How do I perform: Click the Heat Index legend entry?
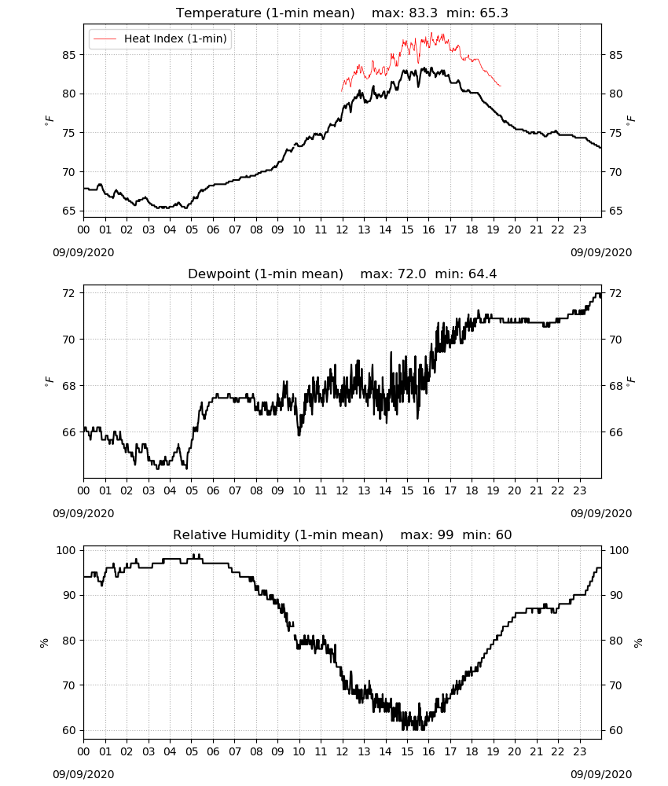coord(160,39)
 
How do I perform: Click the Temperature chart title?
coord(265,13)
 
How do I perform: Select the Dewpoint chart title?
coord(266,274)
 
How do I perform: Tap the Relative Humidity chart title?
coord(278,534)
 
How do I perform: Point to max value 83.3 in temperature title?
coord(424,13)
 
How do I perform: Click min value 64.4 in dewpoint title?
coord(483,274)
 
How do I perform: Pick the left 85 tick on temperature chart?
coord(69,55)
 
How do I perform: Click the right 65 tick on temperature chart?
coord(615,211)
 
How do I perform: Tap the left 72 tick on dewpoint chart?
coord(69,293)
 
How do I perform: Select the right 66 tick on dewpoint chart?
coord(615,432)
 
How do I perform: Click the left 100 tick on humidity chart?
coord(66,550)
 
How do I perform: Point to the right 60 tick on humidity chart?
coord(615,730)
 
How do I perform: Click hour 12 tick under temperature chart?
coord(343,230)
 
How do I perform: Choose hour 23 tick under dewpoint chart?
coord(580,490)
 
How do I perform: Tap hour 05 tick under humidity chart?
coord(192,751)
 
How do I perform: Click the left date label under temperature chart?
coord(83,252)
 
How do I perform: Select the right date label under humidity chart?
coord(601,774)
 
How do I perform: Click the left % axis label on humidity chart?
coord(44,643)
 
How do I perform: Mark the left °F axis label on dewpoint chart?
coord(49,381)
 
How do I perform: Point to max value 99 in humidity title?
coord(446,534)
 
